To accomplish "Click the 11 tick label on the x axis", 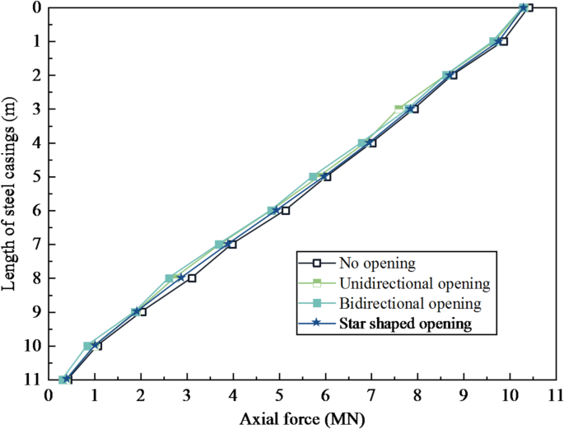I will (x=556, y=397).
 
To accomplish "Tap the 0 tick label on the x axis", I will (x=49, y=397).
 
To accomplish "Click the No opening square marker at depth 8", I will (x=192, y=278).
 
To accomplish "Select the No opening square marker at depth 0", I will (x=529, y=7).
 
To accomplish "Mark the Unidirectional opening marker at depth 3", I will (x=399, y=108).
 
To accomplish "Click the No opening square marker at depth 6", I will (x=285, y=211).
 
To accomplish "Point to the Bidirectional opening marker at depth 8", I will (x=170, y=278).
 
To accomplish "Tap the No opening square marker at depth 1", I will (x=503, y=41).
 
